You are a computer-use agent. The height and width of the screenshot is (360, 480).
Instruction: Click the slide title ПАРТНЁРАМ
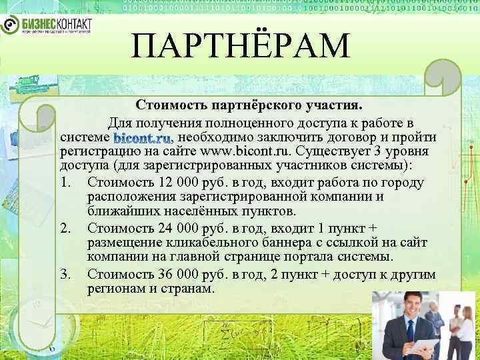[x=240, y=47]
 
